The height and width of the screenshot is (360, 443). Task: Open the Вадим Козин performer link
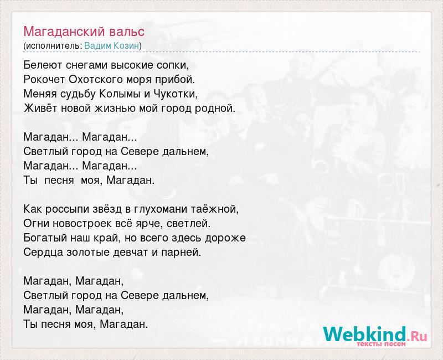tap(112, 46)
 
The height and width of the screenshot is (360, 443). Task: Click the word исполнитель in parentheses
tap(53, 46)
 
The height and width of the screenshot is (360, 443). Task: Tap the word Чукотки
tap(175, 94)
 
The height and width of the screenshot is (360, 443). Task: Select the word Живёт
tap(39, 108)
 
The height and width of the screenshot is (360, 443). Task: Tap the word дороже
tap(225, 238)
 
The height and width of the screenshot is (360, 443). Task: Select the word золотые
tap(88, 252)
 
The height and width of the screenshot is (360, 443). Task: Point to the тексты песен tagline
tap(381, 344)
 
